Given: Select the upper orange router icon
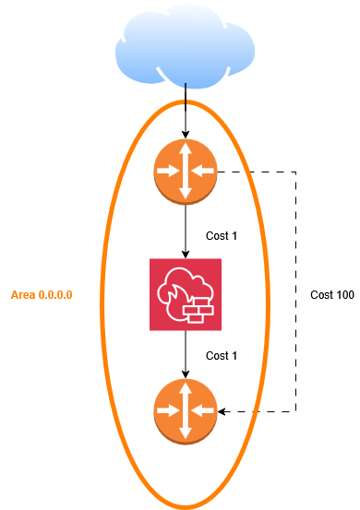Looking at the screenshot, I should coord(186,171).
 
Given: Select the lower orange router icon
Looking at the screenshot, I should coord(186,409).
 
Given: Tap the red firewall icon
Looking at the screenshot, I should coord(186,294).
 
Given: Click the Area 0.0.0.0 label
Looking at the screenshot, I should coord(42,295).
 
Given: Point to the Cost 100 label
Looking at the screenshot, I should coord(331,295).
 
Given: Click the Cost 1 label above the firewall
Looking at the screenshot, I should coord(222,236).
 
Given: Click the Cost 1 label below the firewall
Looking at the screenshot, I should coord(222,355).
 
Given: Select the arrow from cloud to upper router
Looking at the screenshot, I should coord(186,111).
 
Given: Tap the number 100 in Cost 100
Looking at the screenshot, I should coord(343,295).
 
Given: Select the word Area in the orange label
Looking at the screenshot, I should coord(23,295).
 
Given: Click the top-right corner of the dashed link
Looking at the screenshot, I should coord(296,171).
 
